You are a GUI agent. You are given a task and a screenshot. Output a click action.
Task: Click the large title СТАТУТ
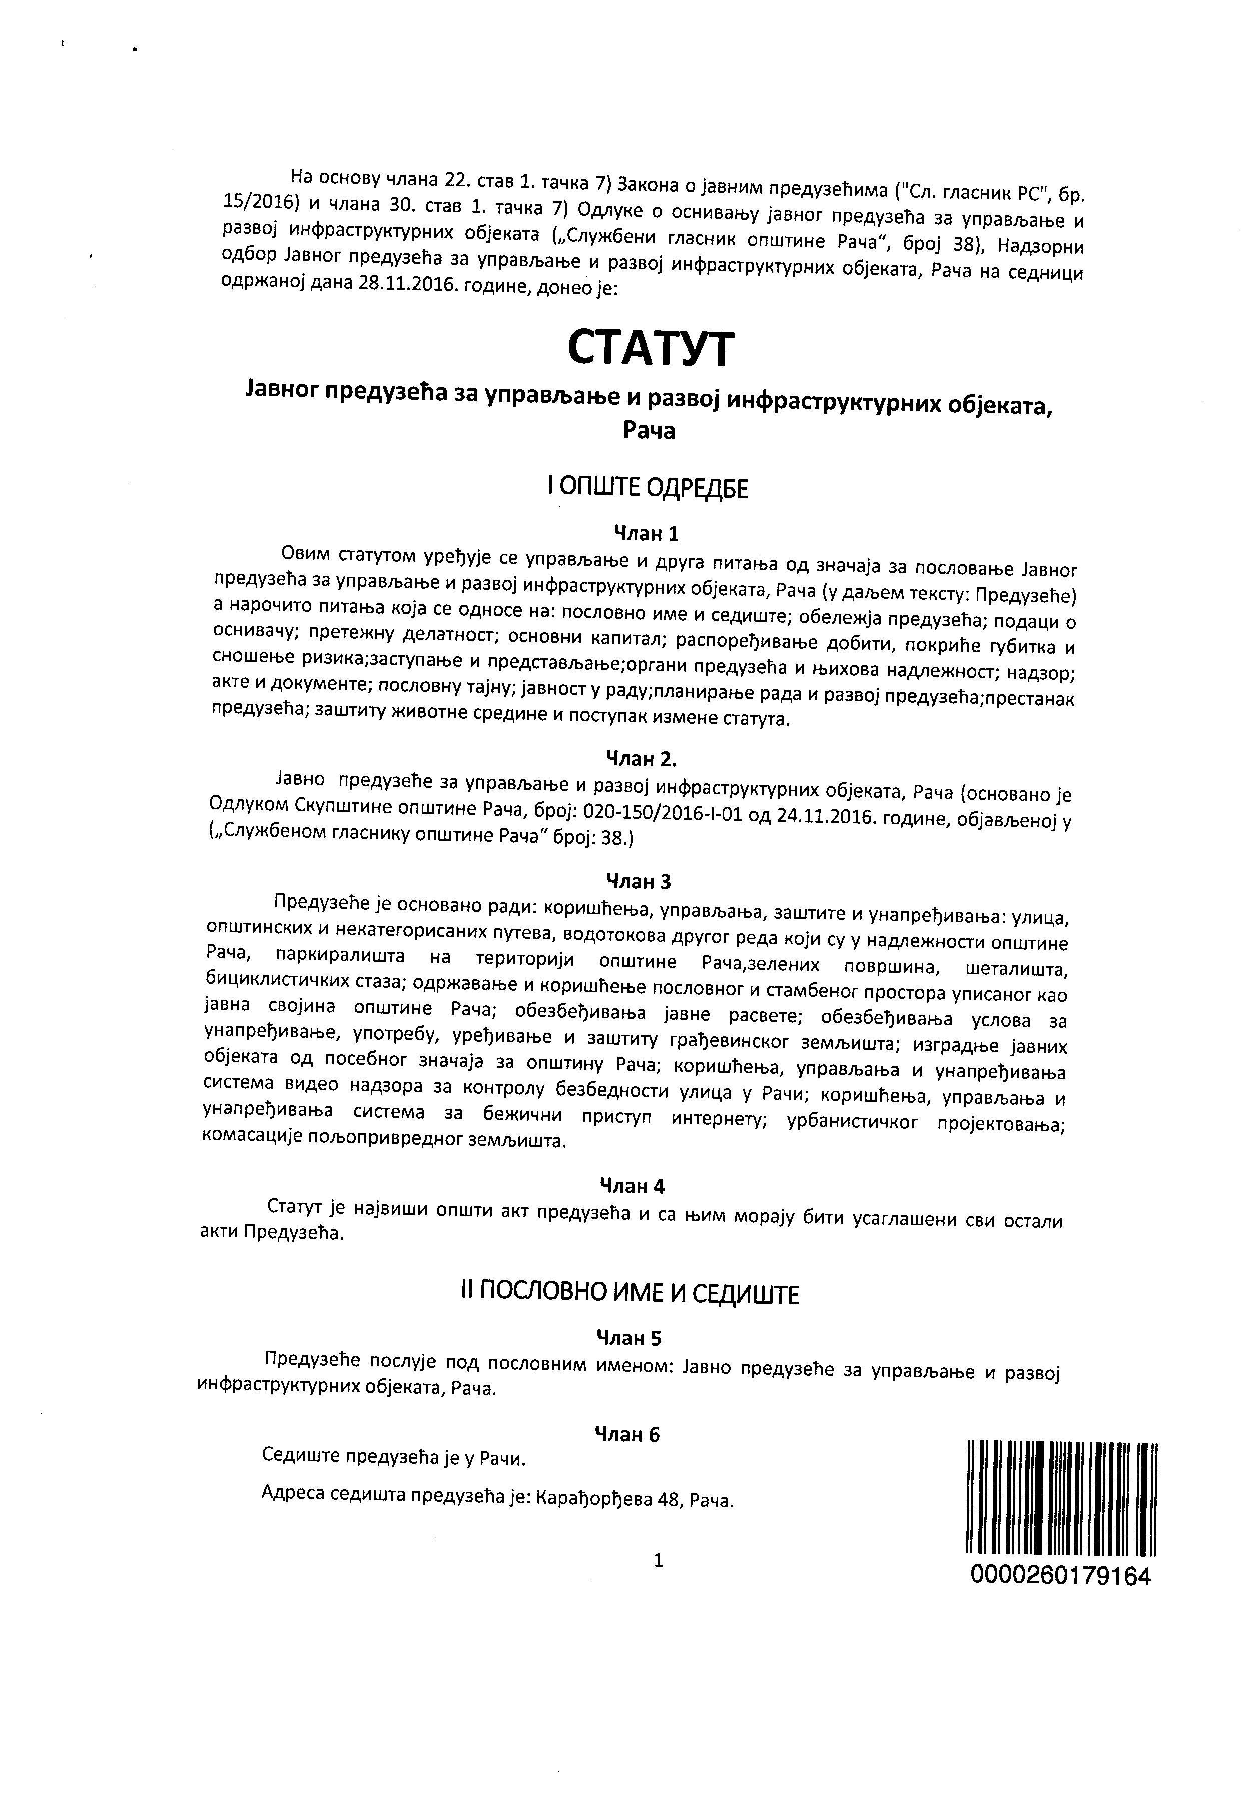click(650, 349)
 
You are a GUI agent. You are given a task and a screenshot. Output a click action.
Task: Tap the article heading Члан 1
click(646, 534)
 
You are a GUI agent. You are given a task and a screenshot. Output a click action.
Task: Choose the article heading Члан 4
click(632, 1186)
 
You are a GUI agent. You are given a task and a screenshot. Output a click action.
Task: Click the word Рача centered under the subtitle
click(649, 431)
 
